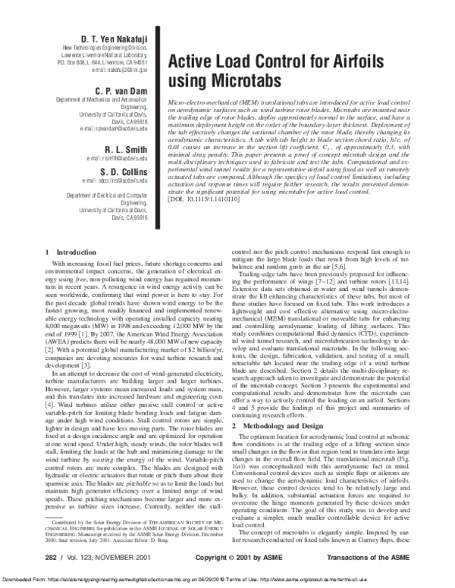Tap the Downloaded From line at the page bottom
[227, 580]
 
